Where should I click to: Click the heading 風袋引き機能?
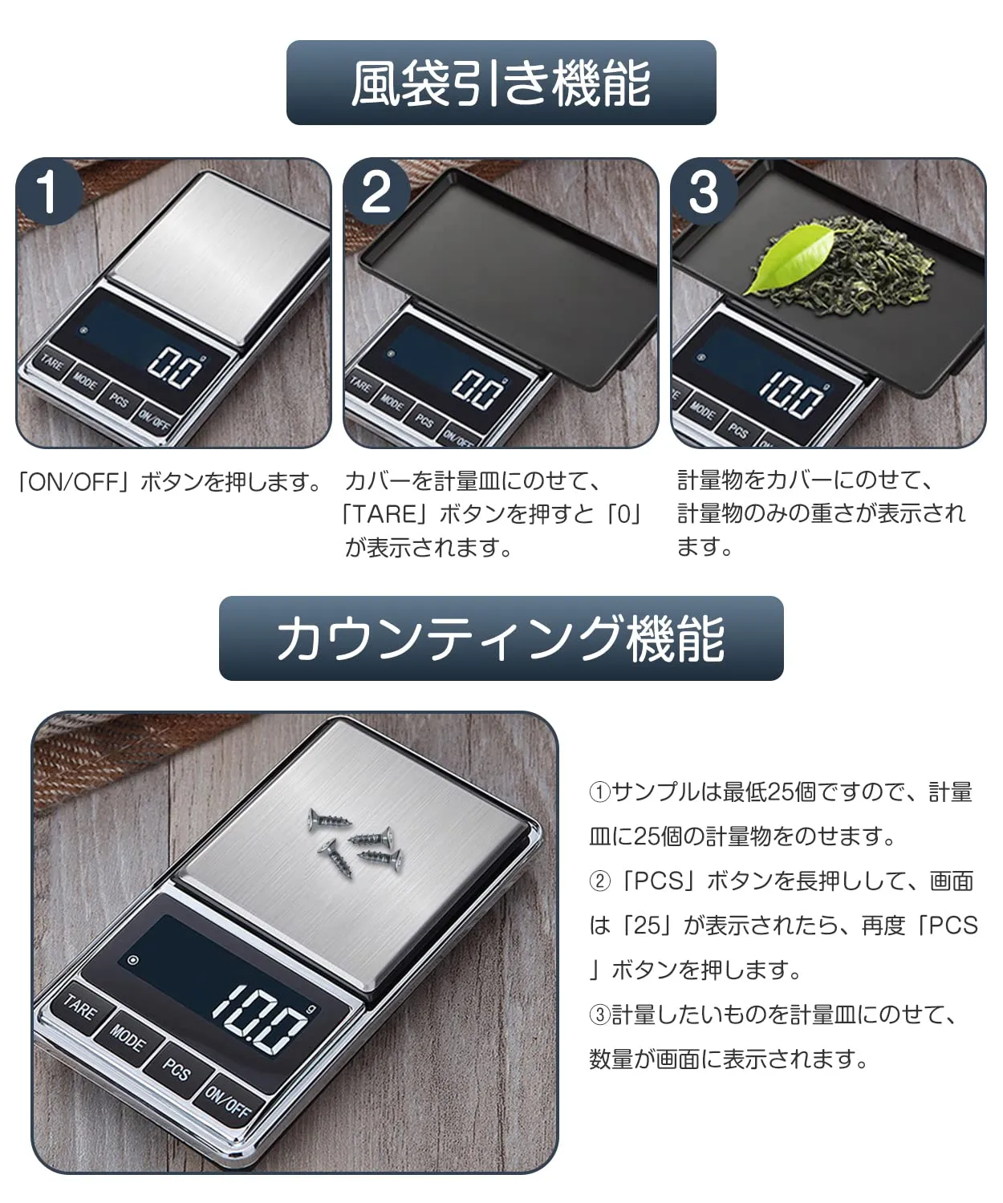[x=501, y=83]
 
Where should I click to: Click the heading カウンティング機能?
[x=501, y=638]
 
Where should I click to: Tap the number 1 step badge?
[x=49, y=192]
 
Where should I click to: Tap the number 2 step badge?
[x=377, y=192]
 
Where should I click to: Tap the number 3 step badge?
[x=704, y=192]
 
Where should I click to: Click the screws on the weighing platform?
[x=353, y=841]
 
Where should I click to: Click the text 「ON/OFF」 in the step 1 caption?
[x=73, y=482]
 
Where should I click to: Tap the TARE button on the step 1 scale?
[x=52, y=363]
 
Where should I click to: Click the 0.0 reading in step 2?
[x=478, y=390]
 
